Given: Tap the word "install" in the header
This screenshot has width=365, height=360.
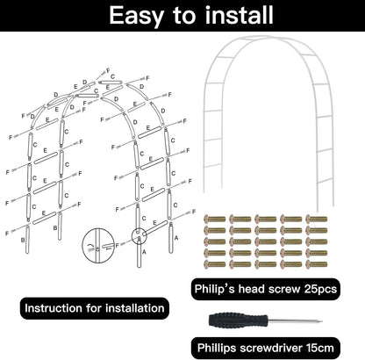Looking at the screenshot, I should tap(223, 15).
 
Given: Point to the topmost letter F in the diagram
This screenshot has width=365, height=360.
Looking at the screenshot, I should tap(109, 68).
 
